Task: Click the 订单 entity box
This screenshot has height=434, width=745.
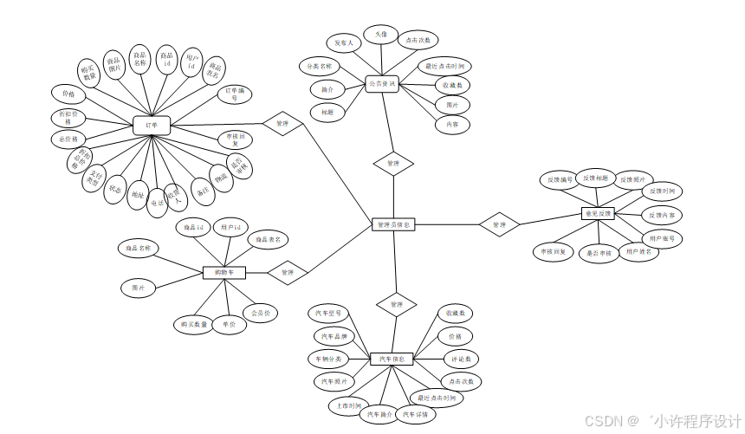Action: (x=152, y=126)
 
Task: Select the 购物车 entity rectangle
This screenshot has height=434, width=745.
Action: (x=223, y=272)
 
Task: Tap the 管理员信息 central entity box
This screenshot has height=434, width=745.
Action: (x=394, y=224)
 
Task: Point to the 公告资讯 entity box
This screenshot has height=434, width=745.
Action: (x=382, y=85)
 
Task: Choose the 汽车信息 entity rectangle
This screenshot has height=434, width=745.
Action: (x=392, y=359)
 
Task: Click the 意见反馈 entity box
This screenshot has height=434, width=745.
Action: (x=597, y=213)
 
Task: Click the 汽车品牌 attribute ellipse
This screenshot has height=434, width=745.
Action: (x=333, y=335)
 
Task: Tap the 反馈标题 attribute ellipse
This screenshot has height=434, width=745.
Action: (x=596, y=178)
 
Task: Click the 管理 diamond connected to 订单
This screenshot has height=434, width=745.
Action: (x=283, y=125)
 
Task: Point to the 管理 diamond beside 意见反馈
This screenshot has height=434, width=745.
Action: (x=499, y=224)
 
